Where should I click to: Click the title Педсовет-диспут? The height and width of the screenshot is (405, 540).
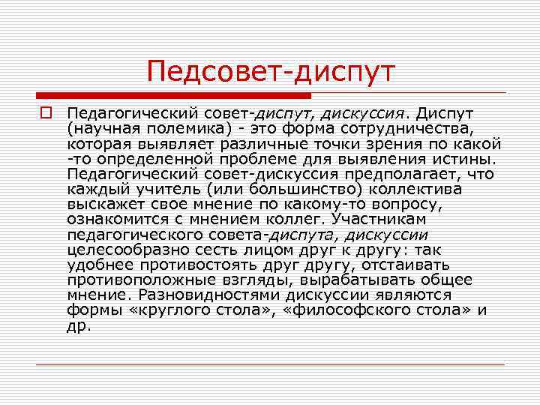[270, 72]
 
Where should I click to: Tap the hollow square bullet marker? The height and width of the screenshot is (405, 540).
[46, 113]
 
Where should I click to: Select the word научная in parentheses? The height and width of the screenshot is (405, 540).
[104, 128]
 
